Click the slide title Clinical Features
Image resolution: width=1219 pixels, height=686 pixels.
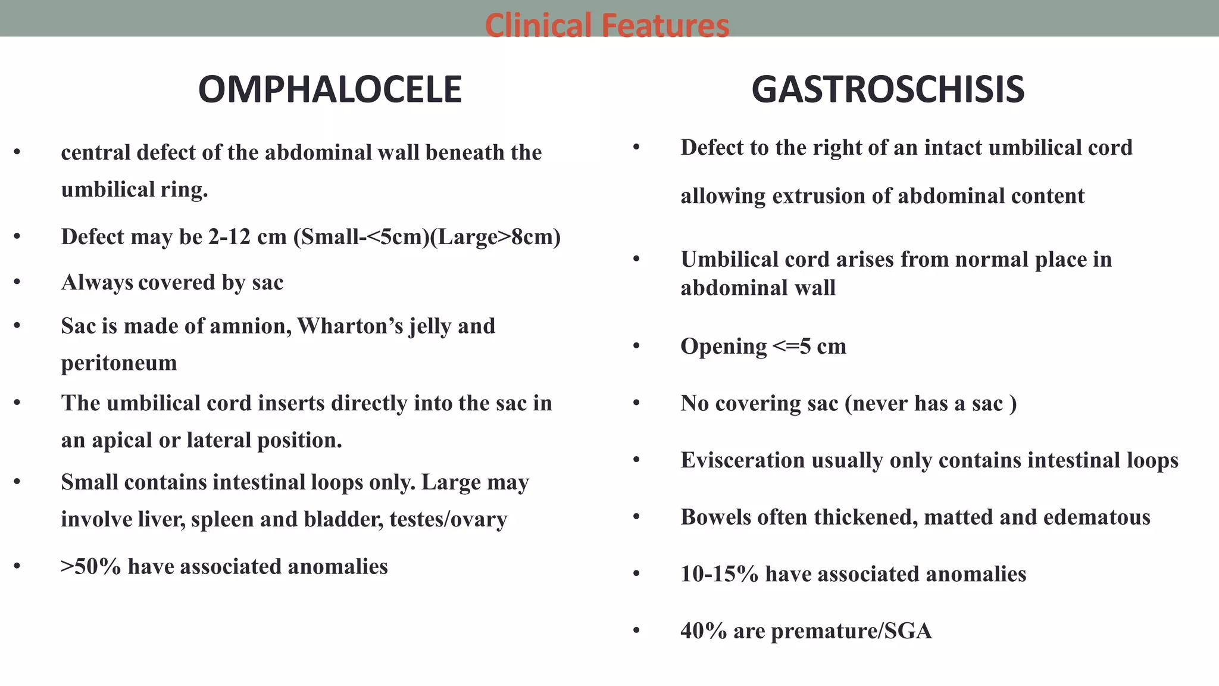(607, 25)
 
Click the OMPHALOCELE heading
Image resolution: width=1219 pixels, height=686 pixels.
(330, 90)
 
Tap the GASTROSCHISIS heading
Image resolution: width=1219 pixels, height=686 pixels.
(887, 90)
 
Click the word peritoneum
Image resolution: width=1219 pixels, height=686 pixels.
(119, 363)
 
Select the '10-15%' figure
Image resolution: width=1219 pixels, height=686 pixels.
(719, 574)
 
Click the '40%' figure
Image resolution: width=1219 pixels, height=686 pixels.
(704, 631)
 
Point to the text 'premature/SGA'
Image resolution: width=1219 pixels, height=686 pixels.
(851, 631)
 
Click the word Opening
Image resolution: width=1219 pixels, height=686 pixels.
(723, 347)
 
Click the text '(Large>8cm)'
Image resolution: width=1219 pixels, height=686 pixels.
(495, 237)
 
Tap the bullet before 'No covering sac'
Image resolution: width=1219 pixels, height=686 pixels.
(636, 404)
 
